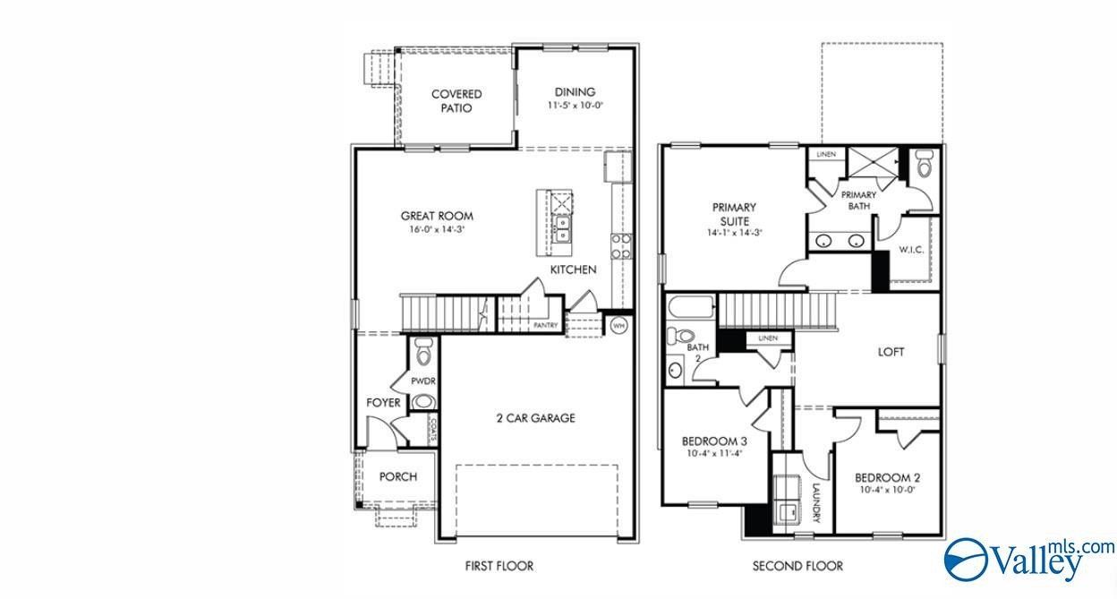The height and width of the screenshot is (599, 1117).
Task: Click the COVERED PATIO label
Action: pos(456,101)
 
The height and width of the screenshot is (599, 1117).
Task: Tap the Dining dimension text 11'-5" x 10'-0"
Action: pos(575,106)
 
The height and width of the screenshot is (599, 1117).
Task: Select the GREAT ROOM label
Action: pos(437,216)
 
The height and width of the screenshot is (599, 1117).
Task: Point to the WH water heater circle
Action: pos(618,326)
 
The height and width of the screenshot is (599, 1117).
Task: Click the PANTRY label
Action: pos(546,326)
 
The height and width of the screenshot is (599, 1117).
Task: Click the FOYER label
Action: pos(383,403)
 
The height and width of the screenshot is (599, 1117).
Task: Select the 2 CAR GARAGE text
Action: pos(535,418)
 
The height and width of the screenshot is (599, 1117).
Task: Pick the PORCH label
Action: pos(397,477)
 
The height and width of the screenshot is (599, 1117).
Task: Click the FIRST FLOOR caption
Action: pos(499,566)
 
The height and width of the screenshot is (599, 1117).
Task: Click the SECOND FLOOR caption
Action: pos(797,566)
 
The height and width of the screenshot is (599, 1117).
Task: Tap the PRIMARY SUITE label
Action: pos(734,214)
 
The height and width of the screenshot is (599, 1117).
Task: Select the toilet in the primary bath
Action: pos(925,164)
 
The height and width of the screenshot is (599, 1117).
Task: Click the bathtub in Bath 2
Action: pos(691,310)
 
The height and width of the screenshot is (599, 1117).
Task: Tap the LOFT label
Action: pos(891,352)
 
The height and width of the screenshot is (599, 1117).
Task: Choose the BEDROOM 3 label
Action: pos(714,441)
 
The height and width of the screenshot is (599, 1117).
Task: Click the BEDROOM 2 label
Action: pos(886,477)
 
